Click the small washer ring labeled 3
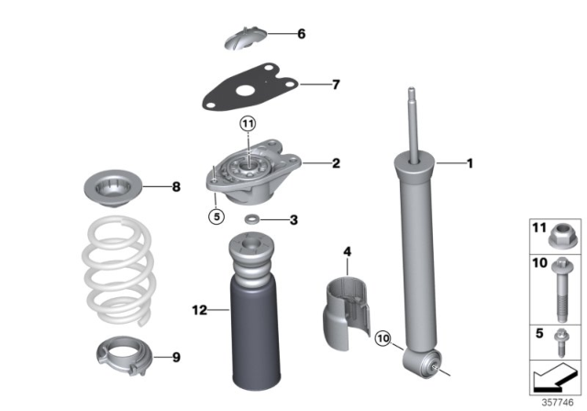tap(251, 219)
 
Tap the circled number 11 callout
tap(249, 123)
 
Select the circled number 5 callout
tap(216, 217)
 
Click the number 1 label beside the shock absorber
tap(470, 165)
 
